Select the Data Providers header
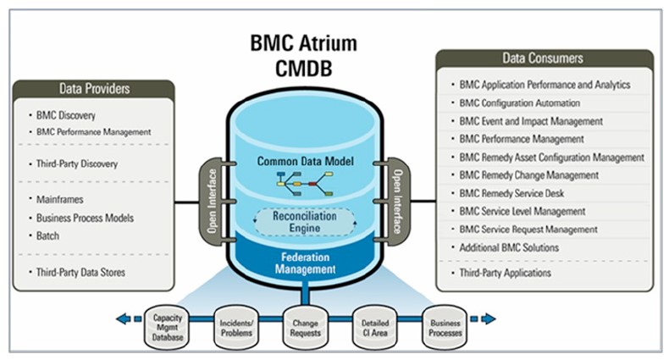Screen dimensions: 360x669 [x=94, y=87]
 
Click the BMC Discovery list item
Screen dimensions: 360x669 [x=65, y=114]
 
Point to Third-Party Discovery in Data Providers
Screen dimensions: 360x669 [x=76, y=163]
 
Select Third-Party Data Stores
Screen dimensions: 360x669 [x=80, y=271]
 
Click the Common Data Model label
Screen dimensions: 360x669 [x=305, y=160]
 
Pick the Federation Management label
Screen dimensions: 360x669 [x=305, y=264]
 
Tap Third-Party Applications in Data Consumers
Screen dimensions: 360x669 [x=505, y=273]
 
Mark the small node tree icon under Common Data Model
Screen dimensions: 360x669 [x=304, y=180]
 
